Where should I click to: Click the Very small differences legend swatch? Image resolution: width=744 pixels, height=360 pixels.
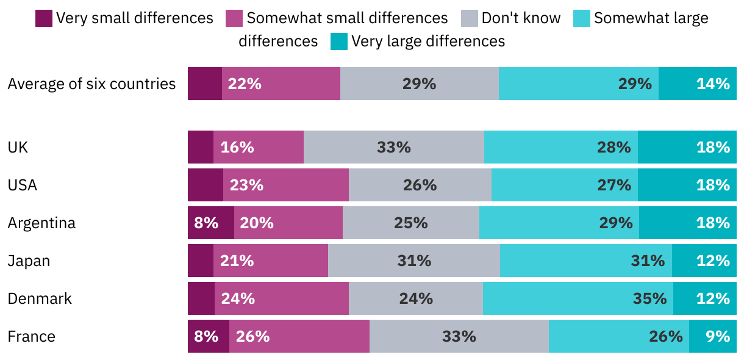(x=44, y=18)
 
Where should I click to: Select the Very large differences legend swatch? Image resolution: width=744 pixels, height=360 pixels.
(x=339, y=41)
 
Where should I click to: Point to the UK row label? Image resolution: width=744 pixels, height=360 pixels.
(x=18, y=147)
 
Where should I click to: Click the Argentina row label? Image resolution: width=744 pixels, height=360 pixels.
(x=41, y=223)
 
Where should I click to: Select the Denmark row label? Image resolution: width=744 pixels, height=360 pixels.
(x=40, y=298)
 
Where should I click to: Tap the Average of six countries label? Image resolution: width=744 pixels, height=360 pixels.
(x=91, y=84)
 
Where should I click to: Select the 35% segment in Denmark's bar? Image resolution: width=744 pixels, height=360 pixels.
(x=578, y=298)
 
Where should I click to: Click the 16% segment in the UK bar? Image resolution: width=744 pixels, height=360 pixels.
(x=258, y=147)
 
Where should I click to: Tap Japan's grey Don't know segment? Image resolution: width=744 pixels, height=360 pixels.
(x=413, y=261)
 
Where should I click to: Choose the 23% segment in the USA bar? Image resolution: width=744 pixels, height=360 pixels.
(x=285, y=185)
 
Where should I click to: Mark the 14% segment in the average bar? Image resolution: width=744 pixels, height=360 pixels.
(x=697, y=84)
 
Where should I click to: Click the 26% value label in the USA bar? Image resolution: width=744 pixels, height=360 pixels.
(x=420, y=185)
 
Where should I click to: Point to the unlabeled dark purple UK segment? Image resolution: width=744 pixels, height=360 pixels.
(x=200, y=147)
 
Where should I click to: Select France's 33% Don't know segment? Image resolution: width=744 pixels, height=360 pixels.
(x=459, y=336)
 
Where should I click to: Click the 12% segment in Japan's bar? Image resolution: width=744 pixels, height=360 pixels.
(x=704, y=261)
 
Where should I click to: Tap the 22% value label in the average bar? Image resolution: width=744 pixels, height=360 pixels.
(x=245, y=84)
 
